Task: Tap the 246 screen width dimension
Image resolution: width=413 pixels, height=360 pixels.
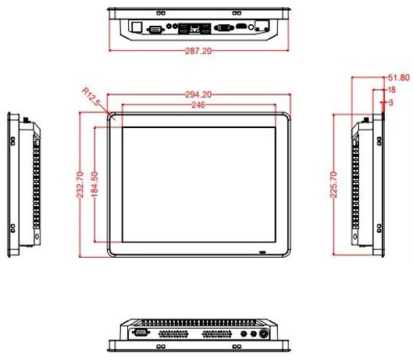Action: point(198,104)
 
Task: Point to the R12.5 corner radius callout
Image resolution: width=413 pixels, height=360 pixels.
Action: point(92,98)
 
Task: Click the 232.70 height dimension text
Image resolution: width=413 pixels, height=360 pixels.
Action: point(79,184)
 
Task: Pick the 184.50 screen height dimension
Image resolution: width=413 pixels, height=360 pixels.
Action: point(94,184)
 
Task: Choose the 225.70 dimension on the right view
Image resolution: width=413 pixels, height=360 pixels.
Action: point(334,184)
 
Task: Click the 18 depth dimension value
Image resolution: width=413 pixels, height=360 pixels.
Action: point(393,90)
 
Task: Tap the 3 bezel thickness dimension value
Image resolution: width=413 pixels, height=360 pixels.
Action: point(390,102)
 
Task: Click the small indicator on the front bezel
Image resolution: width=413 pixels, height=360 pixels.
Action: point(262,252)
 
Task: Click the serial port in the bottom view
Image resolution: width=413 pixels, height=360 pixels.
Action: point(141,332)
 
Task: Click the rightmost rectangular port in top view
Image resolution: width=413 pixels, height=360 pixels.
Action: point(262,27)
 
